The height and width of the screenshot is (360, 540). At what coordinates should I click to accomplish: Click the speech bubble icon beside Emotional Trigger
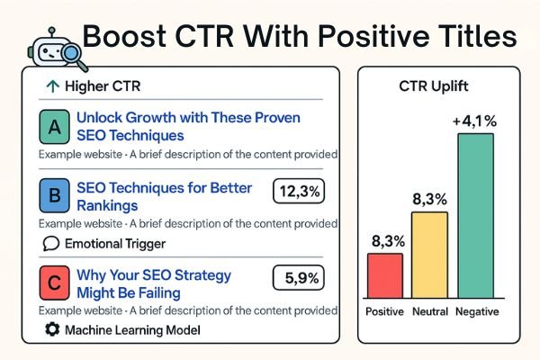[51, 243]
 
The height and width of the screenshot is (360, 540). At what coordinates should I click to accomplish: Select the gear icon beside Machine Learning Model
[51, 330]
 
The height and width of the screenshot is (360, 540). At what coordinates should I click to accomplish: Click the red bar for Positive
[385, 275]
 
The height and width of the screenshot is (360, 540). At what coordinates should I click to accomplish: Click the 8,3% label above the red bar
[385, 241]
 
